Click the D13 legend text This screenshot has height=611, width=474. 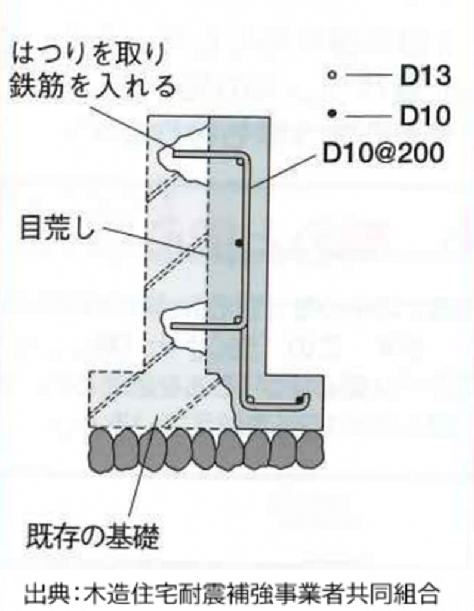[424, 76]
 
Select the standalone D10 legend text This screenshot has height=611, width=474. [424, 115]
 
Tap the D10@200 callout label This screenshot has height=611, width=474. [383, 153]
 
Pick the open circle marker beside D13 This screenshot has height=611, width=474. [333, 76]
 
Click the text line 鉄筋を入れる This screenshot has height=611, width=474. [93, 87]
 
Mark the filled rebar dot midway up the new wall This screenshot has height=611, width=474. [239, 243]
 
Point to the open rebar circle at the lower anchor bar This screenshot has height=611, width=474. [238, 320]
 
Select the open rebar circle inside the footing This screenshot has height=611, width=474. [251, 399]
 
